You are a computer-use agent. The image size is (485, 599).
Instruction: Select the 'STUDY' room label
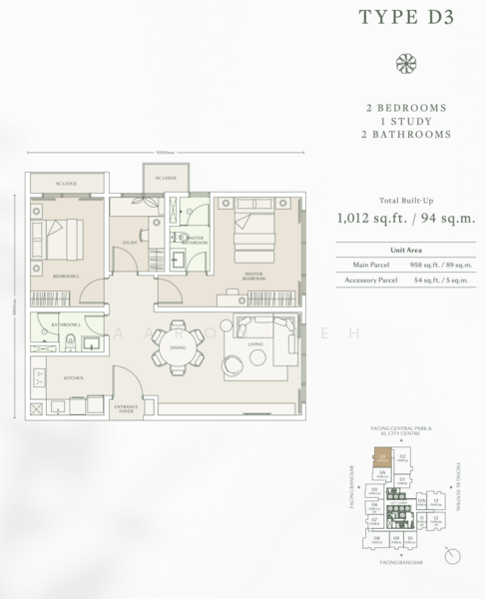pos(130,241)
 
